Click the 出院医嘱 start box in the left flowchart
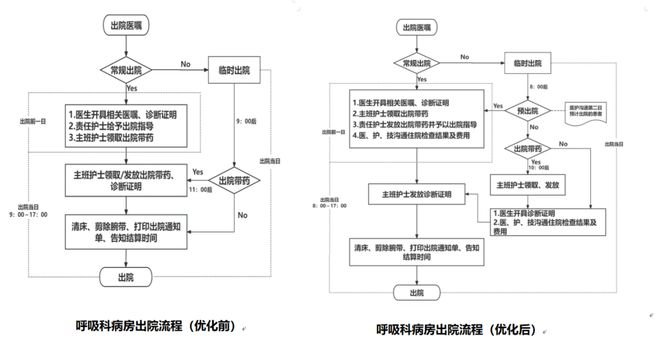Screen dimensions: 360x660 pyautogui.click(x=125, y=23)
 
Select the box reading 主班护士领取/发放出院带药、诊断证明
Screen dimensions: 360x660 pyautogui.click(x=122, y=179)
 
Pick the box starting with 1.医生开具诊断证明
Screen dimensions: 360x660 pyautogui.click(x=549, y=222)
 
